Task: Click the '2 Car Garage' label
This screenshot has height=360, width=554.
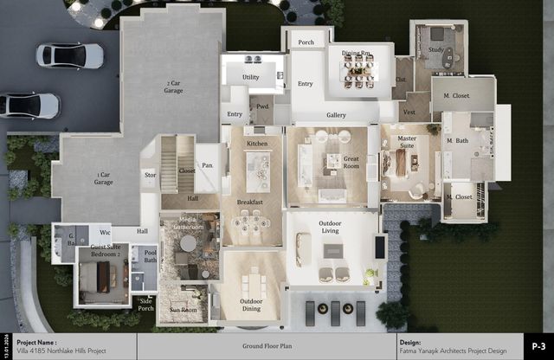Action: [173, 87]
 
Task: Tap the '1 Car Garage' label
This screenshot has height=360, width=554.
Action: [104, 179]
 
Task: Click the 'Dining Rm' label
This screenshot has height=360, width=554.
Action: [356, 54]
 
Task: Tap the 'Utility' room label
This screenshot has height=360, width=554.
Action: [251, 77]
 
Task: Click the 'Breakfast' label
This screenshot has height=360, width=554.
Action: [250, 202]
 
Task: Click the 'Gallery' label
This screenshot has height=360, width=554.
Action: [336, 114]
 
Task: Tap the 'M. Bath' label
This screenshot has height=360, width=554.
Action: [456, 141]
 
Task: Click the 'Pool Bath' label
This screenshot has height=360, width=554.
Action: [151, 257]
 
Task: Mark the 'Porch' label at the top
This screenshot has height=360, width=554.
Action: [306, 42]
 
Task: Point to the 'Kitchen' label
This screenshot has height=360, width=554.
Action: [257, 143]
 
